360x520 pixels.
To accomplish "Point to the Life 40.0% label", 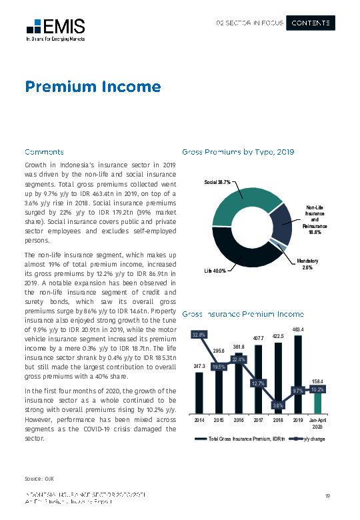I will coord(215,271).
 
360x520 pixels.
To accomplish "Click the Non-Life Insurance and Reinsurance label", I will coord(315,219).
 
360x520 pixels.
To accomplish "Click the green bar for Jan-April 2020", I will coord(317,403).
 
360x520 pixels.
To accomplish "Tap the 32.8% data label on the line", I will coord(199,334).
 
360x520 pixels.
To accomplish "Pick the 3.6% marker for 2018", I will coord(279,405).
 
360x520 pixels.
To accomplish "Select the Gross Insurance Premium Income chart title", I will coord(243,313).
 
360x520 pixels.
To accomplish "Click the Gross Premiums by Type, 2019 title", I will coord(238,151).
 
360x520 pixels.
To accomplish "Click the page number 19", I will coord(327,495).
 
